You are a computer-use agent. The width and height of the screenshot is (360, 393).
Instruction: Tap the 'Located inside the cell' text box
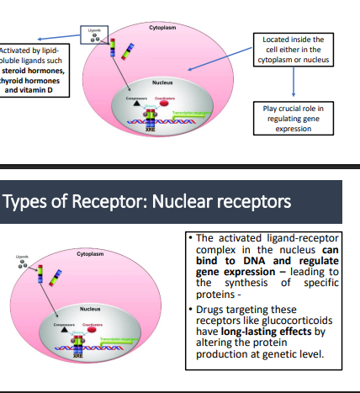294,52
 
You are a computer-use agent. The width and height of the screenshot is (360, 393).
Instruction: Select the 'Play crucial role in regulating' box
294,118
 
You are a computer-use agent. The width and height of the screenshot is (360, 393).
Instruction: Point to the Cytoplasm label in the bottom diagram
90,252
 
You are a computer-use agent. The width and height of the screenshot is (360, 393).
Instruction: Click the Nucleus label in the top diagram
162,83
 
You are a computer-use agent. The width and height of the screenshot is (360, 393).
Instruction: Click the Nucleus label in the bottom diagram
90,309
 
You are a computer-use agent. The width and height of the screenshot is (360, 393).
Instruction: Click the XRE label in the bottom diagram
75,358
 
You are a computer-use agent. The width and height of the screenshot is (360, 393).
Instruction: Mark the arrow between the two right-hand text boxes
294,84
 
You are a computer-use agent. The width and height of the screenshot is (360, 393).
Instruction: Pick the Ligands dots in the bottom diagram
27,263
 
